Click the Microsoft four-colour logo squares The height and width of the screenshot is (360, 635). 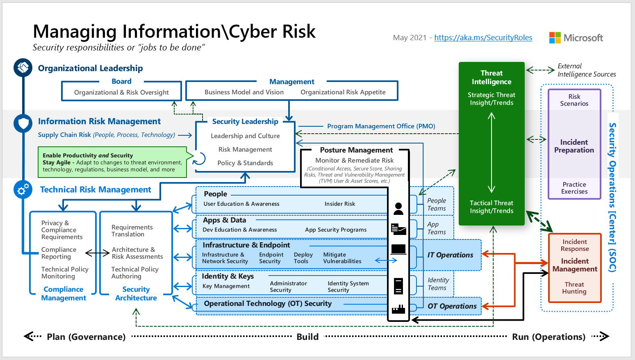(x=555, y=38)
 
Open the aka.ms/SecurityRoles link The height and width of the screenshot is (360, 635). (x=483, y=37)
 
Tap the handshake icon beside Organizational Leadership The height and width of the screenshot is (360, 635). (x=23, y=68)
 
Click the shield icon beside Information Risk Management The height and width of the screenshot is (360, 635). (x=23, y=123)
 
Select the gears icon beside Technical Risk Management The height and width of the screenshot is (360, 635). (x=23, y=189)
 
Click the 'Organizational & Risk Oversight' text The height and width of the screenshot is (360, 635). (x=121, y=92)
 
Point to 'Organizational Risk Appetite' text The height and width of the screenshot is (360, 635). (x=343, y=92)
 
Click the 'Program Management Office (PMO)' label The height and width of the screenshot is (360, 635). (x=381, y=126)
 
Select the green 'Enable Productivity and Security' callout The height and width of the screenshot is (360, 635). (x=113, y=162)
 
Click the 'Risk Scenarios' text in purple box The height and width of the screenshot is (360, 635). (x=574, y=100)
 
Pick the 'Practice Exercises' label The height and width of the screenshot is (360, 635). (x=574, y=188)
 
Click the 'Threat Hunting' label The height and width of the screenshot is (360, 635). (x=574, y=288)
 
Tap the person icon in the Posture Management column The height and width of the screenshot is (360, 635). (x=398, y=209)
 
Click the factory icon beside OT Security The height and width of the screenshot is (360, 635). (x=398, y=309)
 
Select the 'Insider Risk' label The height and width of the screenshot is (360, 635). (x=339, y=204)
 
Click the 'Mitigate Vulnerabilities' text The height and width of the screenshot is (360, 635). (x=342, y=258)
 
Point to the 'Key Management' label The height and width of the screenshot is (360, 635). (x=226, y=286)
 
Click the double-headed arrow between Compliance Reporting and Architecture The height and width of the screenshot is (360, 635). (x=97, y=253)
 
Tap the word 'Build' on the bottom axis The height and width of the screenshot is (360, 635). (x=307, y=337)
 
